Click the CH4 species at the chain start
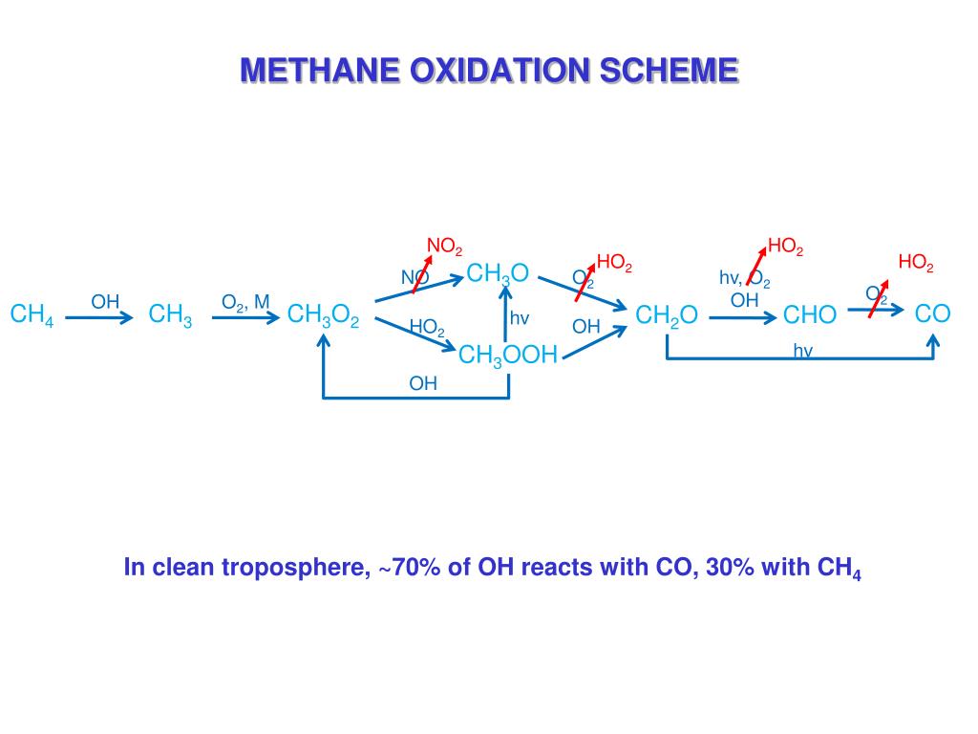pos(32,315)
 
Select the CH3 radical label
pos(171,315)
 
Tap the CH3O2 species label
pos(323,315)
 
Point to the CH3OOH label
pos(507,356)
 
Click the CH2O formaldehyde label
pos(667,315)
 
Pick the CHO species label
pos(810,315)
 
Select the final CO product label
pos(932,313)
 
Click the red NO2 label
pos(444,247)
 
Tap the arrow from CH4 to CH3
pos(99,317)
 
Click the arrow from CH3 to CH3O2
pos(245,317)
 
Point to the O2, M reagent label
pos(245,303)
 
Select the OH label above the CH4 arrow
pos(105,302)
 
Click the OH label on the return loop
pos(423,383)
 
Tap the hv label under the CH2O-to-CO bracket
pos(802,351)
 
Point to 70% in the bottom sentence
pos(414,568)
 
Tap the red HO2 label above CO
pos(916,264)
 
